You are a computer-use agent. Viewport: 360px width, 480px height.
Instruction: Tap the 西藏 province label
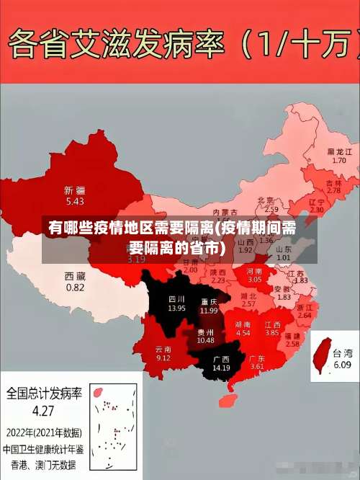coord(75,276)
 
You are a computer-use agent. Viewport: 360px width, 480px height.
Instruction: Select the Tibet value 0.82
coord(75,286)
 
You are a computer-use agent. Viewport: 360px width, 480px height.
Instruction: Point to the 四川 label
coord(177,298)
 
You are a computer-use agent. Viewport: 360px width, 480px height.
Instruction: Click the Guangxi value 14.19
coord(221,368)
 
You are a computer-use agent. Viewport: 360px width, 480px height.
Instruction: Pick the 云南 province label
coord(163,348)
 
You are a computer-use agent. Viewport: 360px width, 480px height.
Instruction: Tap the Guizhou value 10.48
coord(206,339)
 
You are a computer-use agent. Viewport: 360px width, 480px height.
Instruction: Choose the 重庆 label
coord(210,301)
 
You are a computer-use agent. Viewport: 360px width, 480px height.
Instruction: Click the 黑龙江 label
coord(339,152)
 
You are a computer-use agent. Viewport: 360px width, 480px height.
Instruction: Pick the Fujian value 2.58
coord(292,345)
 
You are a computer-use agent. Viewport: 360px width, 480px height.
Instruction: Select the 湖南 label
coord(243,324)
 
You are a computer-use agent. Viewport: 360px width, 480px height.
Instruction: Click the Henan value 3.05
coord(255,279)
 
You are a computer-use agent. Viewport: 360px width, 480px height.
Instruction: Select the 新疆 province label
coord(75,190)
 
